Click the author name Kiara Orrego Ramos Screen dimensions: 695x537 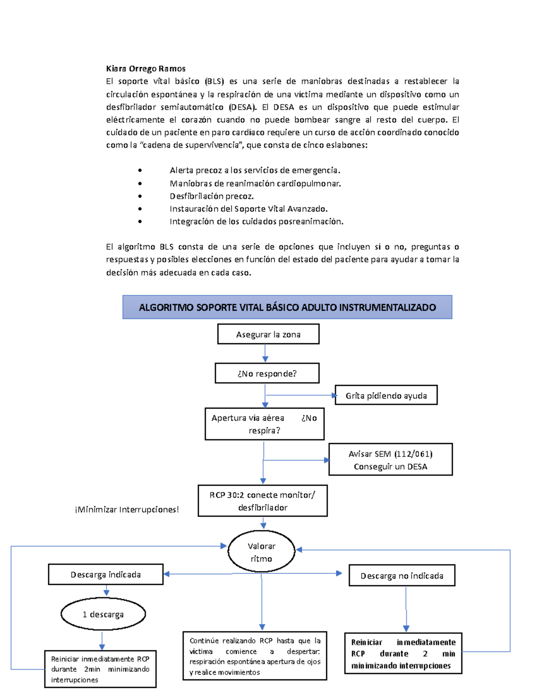point(145,68)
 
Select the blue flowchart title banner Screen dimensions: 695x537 point(287,307)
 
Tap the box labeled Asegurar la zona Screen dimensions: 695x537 point(268,334)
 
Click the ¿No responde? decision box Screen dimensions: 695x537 point(267,374)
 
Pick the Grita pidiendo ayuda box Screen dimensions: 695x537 point(386,396)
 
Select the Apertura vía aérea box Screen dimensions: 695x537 point(264,424)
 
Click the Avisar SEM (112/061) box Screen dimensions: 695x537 point(390,460)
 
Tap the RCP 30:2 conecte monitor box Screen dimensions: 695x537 point(263,501)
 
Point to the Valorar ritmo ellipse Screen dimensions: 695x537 point(261,552)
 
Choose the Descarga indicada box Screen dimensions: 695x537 point(106,575)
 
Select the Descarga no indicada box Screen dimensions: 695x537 point(401,576)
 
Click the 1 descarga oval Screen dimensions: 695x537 point(103,614)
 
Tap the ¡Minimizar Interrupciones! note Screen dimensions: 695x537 point(127,509)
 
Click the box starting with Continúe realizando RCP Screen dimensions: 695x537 point(255,656)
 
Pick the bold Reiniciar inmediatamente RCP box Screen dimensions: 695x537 point(403,653)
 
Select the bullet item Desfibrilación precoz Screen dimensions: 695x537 point(212,196)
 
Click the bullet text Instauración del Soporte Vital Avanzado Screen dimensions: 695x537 point(248,209)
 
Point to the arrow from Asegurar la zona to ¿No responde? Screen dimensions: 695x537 point(265,354)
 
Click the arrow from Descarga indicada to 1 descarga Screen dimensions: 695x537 point(107,591)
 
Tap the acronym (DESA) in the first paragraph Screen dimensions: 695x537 point(243,107)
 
